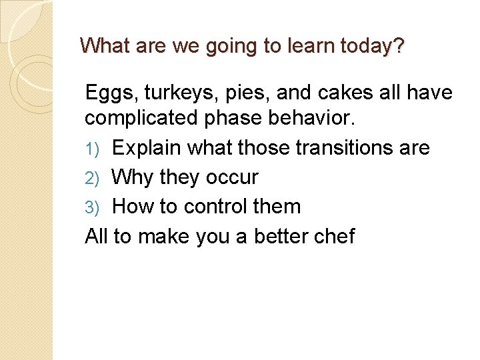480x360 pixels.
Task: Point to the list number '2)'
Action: point(93,178)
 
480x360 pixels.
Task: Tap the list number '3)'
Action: point(93,207)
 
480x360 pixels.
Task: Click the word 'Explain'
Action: point(149,149)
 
